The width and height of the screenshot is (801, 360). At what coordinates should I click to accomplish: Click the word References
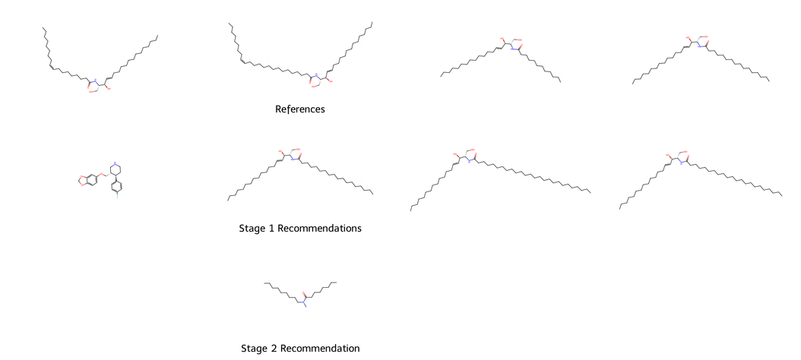coord(300,109)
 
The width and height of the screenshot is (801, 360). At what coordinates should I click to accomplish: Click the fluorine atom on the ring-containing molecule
coord(117,196)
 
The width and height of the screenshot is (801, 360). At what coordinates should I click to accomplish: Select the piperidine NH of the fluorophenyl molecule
coord(114,163)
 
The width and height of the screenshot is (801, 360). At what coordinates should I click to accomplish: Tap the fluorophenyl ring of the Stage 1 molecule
coord(116,184)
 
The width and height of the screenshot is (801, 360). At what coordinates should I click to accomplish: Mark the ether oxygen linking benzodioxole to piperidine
coord(101,175)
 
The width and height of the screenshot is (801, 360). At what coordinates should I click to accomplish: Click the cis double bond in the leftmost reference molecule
coord(51,65)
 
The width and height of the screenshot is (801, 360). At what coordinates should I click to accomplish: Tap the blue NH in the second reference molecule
coord(315,74)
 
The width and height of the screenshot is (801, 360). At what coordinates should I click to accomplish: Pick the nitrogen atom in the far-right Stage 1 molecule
coord(681,162)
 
